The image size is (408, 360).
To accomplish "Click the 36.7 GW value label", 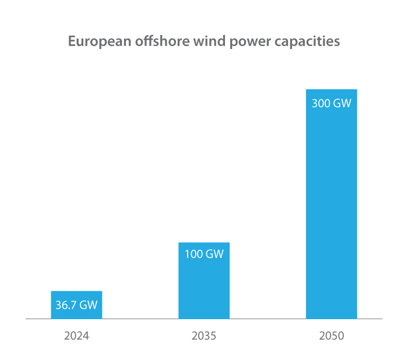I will (x=76, y=305).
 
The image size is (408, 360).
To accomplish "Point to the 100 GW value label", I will (x=204, y=254).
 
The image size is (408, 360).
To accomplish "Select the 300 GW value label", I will (x=331, y=104).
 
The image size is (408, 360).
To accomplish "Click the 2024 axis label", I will (x=76, y=336).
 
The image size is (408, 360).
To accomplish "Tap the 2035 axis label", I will (x=204, y=336).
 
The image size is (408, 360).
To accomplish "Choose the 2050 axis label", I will (x=331, y=336).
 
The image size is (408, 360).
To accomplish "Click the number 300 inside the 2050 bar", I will (x=321, y=104).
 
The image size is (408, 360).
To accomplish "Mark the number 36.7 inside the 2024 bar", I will (x=66, y=305).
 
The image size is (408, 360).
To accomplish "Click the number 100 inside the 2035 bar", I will (x=194, y=254).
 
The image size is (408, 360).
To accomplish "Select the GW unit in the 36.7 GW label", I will (x=88, y=305).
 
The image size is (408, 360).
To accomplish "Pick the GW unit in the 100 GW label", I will (x=214, y=254).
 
